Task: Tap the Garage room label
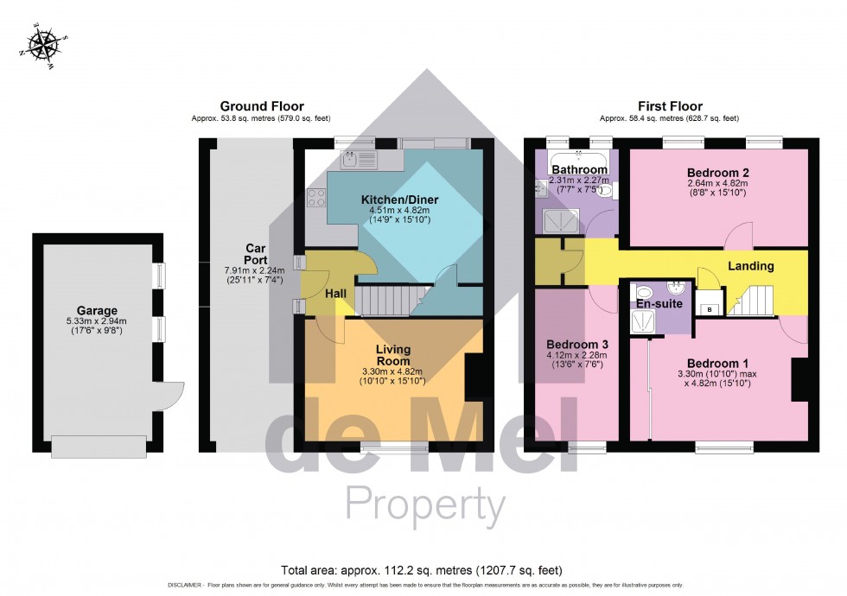coord(96,311)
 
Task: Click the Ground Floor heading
coord(261,106)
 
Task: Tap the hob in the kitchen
coord(315,199)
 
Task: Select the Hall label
coord(336,295)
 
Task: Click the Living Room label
coord(393,355)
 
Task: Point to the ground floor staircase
coord(385,301)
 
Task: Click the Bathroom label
coord(580,169)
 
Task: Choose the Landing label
coord(749,266)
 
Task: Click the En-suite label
coord(659,304)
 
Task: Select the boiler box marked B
coord(710,308)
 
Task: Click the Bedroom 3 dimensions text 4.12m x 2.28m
coord(577,355)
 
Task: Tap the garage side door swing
coord(174,396)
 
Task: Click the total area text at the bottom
coord(422,570)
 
